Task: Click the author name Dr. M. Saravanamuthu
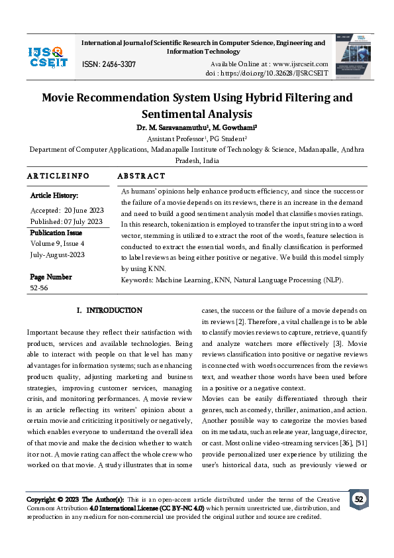170,127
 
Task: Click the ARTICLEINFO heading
58,176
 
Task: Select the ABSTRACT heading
141,176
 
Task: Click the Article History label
54,195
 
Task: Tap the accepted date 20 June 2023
83,209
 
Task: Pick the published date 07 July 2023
84,221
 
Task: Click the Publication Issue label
56,233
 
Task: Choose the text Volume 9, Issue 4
64,243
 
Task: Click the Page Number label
51,277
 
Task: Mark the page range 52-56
39,288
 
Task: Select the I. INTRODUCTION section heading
109,310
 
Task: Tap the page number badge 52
359,499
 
